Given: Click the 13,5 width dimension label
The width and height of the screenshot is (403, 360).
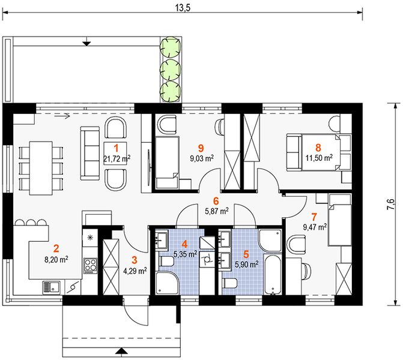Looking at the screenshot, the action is [x=183, y=8].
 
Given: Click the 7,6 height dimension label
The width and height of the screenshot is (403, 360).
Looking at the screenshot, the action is [x=390, y=205].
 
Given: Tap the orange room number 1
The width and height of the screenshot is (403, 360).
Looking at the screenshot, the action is [x=116, y=148].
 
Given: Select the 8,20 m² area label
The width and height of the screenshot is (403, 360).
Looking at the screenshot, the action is [x=56, y=260].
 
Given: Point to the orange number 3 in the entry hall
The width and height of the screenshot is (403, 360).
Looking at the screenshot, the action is [x=135, y=260].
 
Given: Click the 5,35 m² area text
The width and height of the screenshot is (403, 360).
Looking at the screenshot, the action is [x=186, y=254].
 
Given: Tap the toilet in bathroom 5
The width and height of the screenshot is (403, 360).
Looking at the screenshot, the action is [x=231, y=283].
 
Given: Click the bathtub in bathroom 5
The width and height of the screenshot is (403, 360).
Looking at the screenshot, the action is [x=273, y=274].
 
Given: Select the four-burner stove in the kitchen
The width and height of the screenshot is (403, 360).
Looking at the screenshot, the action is [x=91, y=266].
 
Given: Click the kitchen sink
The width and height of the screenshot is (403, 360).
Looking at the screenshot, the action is [x=52, y=287].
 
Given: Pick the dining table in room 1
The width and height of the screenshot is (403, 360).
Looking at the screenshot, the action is [x=41, y=168].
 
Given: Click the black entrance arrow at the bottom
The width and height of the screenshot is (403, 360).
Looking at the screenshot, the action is [x=121, y=352].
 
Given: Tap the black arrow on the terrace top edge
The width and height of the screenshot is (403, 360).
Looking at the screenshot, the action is [x=87, y=41].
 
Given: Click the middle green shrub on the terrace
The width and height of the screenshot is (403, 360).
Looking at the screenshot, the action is [x=171, y=69].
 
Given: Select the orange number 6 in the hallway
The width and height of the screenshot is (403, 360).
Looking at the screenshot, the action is [x=216, y=202].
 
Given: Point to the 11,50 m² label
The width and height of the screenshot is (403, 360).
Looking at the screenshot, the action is [x=319, y=157].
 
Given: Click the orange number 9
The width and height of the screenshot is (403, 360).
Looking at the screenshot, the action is [x=201, y=148].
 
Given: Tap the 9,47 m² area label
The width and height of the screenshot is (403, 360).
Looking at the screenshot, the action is [x=315, y=227].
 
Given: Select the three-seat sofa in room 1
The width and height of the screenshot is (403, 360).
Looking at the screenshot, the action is [x=90, y=153].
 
